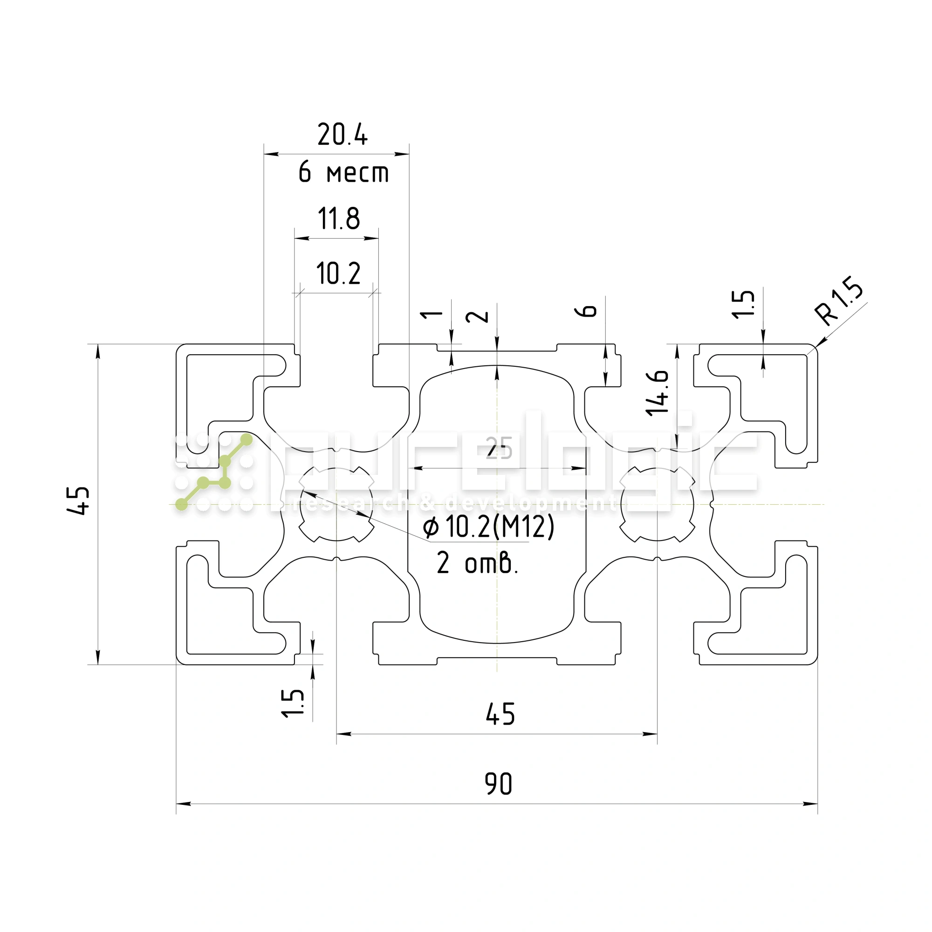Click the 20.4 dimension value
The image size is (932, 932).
click(342, 135)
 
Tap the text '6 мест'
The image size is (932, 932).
click(343, 172)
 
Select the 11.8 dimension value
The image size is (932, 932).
click(339, 219)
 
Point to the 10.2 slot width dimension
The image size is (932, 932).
click(338, 274)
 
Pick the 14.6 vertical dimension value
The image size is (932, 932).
click(658, 393)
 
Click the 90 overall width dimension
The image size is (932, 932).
click(498, 784)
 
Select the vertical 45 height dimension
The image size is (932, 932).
click(78, 501)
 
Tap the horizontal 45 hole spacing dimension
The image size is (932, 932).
click(500, 714)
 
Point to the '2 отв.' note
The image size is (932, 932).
click(477, 563)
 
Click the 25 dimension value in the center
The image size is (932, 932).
click(498, 448)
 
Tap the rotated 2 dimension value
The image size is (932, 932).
click(477, 316)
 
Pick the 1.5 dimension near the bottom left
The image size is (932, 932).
click(293, 703)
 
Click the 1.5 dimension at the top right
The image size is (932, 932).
click(743, 304)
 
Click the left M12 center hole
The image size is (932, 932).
click(336, 505)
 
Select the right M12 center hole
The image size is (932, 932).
click(657, 505)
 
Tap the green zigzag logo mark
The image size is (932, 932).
click(214, 472)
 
